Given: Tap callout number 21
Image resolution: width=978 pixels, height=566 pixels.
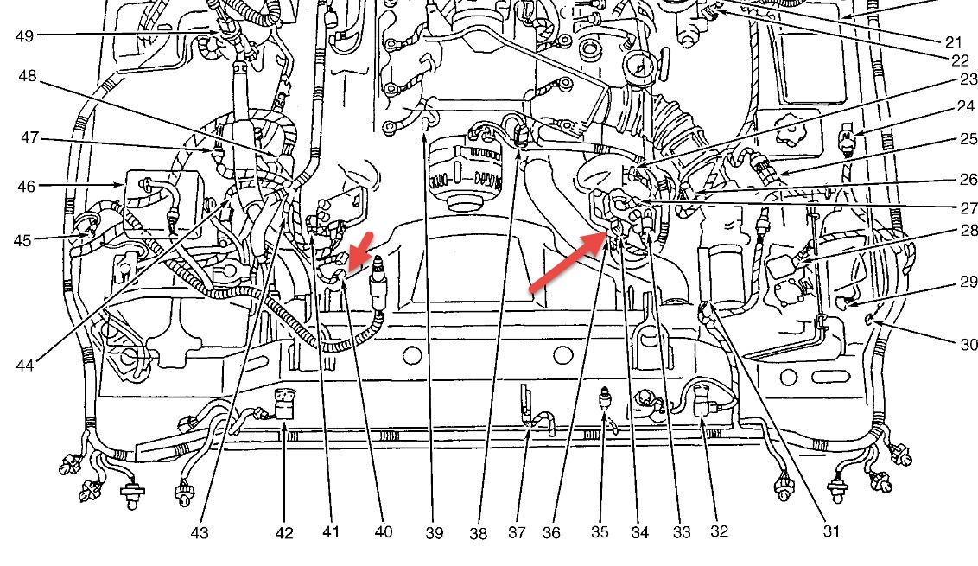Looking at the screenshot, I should (954, 41).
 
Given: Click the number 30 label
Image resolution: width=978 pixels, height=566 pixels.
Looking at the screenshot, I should (968, 344).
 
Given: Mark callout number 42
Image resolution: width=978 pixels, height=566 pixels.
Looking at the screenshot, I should (284, 533).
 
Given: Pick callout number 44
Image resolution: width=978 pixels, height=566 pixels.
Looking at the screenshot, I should (24, 366).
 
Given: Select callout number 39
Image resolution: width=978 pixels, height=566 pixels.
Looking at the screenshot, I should (435, 533).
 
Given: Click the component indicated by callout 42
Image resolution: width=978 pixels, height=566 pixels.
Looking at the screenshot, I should (283, 405).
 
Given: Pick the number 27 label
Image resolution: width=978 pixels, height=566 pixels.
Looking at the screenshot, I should (967, 207).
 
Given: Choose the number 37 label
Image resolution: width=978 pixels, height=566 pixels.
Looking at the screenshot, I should (517, 533).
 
